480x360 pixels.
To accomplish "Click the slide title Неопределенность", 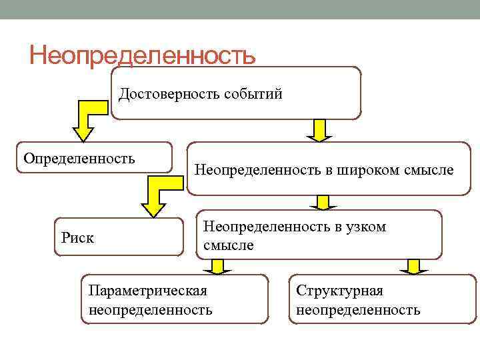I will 142,55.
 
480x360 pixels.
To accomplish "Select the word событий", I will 254,93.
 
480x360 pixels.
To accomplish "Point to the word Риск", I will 77,237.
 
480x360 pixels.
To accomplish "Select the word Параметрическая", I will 147,291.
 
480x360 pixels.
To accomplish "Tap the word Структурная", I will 339,291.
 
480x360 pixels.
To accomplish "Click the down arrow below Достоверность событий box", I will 320,129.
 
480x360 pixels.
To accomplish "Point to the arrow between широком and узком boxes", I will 323,203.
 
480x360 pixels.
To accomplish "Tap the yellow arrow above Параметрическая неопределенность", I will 216,267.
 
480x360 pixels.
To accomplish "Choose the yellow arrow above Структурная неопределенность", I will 413,267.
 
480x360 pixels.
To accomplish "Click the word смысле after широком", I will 429,170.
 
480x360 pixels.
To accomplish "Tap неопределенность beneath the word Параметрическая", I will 150,310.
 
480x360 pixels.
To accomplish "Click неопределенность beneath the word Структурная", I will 358,310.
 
